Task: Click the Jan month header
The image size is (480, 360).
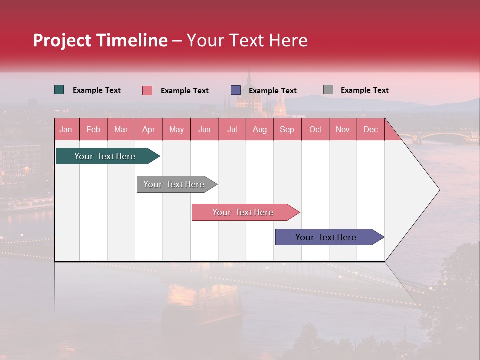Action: point(66,129)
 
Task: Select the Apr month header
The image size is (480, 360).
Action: point(148,129)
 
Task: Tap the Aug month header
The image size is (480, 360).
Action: point(259,129)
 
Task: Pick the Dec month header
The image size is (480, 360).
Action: point(370,129)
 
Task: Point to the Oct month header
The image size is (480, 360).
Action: point(315,129)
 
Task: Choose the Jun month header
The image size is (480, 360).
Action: point(204,129)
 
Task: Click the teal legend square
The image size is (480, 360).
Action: point(59,90)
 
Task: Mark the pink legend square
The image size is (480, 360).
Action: point(147,90)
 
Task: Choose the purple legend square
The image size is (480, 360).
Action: point(236,90)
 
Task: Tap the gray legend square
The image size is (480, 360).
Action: point(328,90)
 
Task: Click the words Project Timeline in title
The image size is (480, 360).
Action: point(100,40)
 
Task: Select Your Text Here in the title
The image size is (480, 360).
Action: point(247,40)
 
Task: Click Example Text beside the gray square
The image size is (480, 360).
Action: point(364,90)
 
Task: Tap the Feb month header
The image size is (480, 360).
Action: point(93,129)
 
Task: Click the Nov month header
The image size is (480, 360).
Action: point(342,129)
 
